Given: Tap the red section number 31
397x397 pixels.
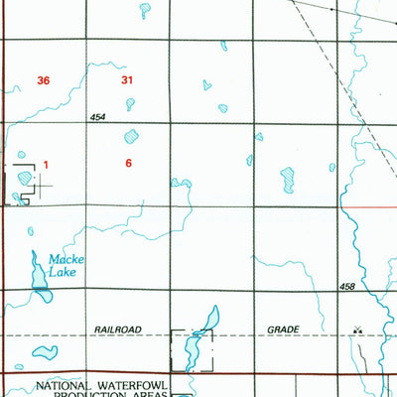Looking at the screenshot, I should (126, 79).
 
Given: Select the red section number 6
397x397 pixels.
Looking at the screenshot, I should (128, 163).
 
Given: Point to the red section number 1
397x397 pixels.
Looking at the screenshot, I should (46, 164).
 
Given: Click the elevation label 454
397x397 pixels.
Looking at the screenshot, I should (96, 117).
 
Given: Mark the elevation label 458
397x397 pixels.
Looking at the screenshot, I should (346, 288).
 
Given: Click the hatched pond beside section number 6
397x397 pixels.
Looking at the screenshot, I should (131, 137).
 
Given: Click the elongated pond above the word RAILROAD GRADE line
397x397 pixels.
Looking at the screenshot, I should (208, 320).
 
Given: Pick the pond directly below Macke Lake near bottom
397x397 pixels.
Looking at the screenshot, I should (44, 351).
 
